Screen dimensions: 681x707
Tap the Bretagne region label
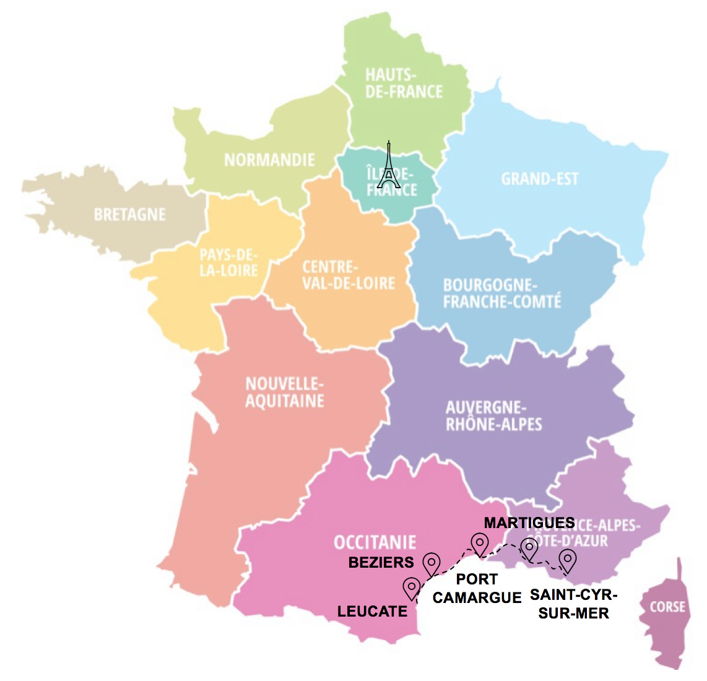click(130, 215)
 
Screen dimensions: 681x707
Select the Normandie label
click(269, 160)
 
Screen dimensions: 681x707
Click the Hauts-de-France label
click(404, 84)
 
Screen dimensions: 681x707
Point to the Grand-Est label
click(539, 180)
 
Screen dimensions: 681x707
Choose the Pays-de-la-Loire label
click(228, 262)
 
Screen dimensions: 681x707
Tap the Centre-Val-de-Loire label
click(348, 275)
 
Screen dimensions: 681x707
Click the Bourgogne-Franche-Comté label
click(501, 293)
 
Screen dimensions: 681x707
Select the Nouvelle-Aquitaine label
click(284, 393)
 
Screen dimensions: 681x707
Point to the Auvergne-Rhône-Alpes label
click(493, 415)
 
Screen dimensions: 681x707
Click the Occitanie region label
click(375, 543)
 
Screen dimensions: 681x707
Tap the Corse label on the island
click(667, 607)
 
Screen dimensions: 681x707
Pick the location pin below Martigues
click(529, 549)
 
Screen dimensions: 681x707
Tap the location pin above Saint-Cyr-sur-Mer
click(567, 560)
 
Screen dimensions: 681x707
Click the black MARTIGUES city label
click(529, 523)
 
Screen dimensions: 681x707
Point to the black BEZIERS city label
click(381, 563)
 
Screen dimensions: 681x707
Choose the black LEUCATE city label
click(372, 612)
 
